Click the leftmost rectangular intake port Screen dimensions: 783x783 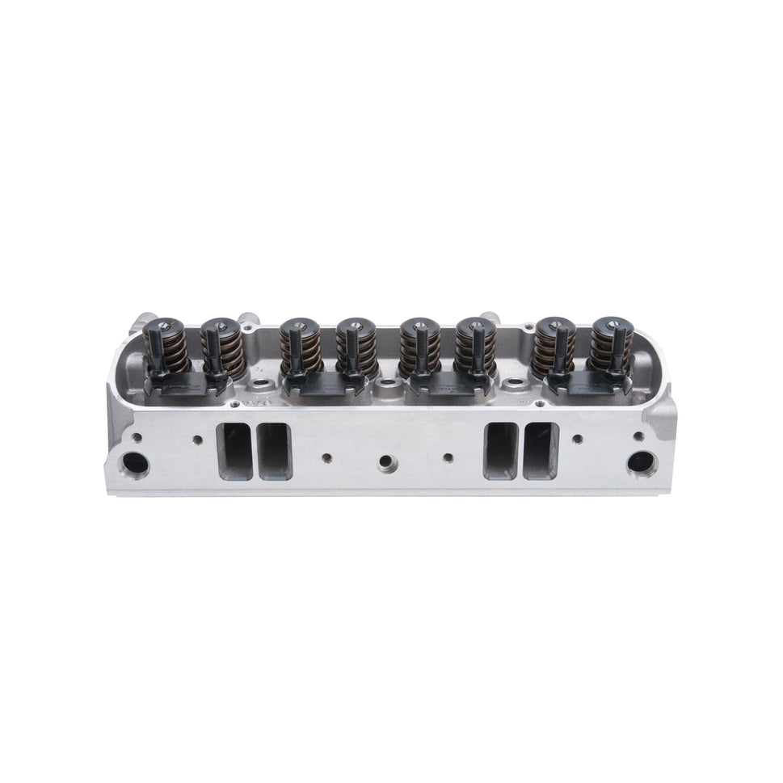[x=231, y=450]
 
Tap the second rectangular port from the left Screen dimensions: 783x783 [x=272, y=450]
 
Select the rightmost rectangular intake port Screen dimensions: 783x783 [x=540, y=450]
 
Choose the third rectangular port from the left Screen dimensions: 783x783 [x=499, y=450]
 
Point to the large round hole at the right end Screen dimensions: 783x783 [x=642, y=463]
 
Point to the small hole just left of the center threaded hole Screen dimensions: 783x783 [x=326, y=457]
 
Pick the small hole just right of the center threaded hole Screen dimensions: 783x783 [x=448, y=457]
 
